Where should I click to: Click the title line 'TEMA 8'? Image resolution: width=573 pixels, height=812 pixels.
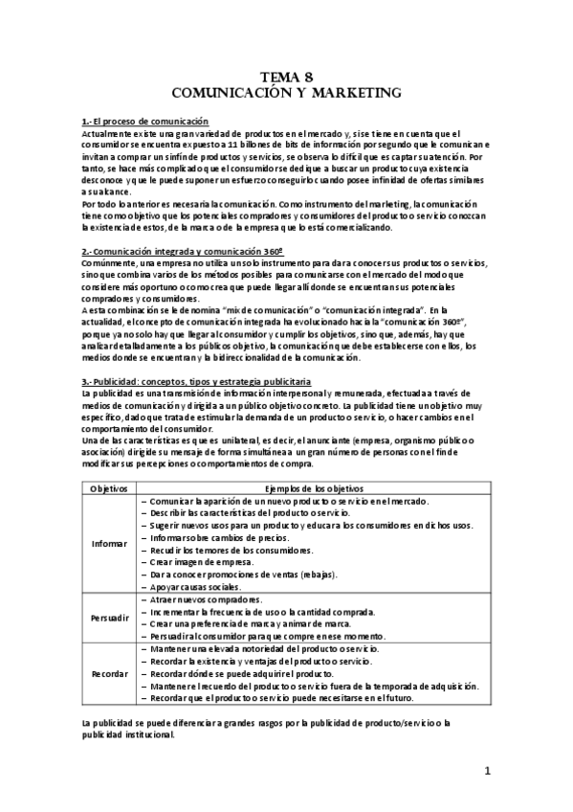(286, 79)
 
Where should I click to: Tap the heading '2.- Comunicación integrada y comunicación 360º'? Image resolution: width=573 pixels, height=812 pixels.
(183, 251)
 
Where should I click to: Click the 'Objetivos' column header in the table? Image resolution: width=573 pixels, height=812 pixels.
(109, 487)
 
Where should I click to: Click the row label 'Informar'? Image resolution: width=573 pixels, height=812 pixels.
(109, 544)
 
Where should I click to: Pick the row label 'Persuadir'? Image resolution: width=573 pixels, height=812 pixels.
(109, 619)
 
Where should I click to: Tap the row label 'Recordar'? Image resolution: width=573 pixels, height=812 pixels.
(109, 673)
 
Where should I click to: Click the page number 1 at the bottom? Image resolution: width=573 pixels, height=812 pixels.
(487, 771)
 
